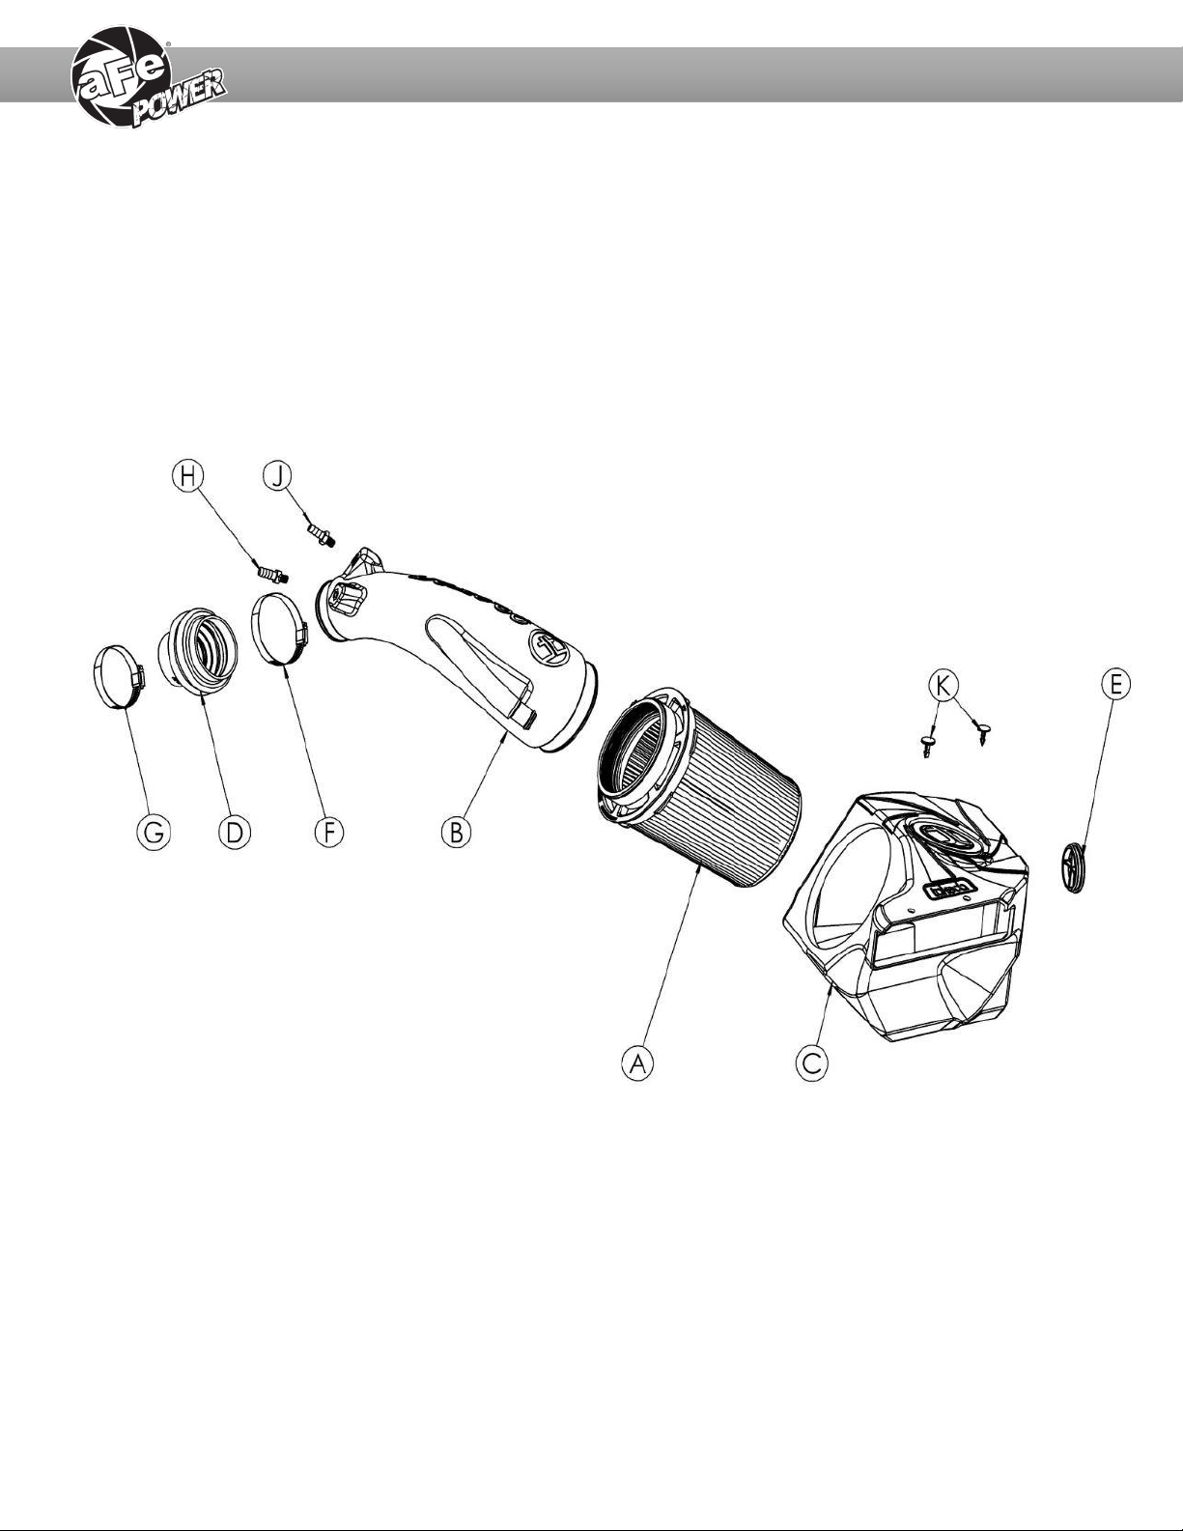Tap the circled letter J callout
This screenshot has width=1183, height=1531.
click(277, 475)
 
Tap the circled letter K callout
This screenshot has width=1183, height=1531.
click(944, 685)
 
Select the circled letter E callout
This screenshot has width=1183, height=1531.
click(1115, 685)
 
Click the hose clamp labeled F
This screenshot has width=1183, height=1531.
click(279, 631)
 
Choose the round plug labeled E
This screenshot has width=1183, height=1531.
click(1072, 866)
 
